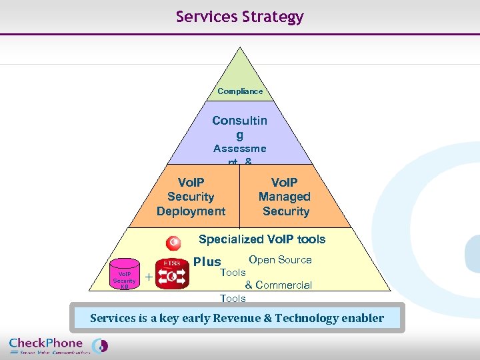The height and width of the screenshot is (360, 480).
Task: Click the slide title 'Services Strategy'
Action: [239, 17]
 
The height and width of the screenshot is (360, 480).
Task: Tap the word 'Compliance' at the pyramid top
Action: [240, 91]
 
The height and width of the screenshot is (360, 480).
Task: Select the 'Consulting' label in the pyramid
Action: [239, 127]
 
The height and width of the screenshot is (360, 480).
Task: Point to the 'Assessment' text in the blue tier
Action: [239, 149]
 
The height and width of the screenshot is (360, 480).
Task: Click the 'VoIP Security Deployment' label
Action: [191, 197]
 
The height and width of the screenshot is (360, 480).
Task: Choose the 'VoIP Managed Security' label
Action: [285, 197]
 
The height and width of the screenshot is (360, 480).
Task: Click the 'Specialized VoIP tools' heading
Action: [262, 239]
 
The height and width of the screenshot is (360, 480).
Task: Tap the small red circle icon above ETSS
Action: [175, 242]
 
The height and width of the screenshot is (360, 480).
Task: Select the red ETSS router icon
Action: [172, 274]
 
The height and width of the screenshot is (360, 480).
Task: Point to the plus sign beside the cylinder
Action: [148, 277]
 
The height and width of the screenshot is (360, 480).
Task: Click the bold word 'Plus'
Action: [207, 262]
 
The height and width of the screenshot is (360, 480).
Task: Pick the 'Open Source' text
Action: [280, 260]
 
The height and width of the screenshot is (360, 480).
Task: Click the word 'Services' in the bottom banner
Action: [114, 318]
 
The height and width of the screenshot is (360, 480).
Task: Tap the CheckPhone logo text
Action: [46, 343]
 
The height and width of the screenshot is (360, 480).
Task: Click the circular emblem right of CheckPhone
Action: [99, 346]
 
